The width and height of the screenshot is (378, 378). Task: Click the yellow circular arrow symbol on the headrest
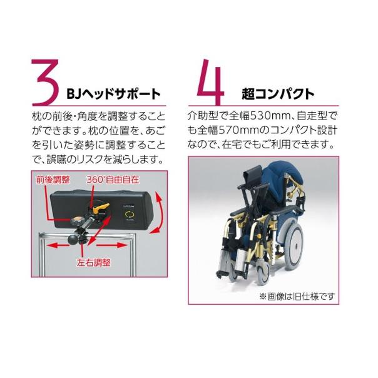pyautogui.click(x=130, y=216)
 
